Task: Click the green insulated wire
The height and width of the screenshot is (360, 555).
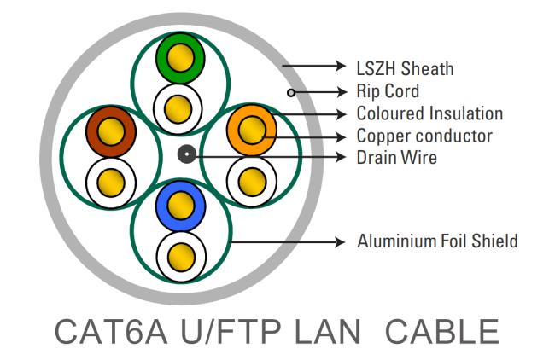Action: point(180,58)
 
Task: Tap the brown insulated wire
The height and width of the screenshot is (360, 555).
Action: point(111,132)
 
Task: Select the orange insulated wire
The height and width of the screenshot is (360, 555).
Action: point(252,131)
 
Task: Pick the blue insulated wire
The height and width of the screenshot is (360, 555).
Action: point(180,206)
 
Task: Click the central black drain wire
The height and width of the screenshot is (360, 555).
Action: point(186,154)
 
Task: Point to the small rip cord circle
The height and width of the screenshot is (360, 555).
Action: point(291,93)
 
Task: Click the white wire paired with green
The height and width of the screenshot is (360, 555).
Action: point(178,109)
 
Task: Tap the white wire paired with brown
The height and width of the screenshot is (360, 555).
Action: point(111,183)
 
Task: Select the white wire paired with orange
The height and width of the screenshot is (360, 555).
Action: point(252,182)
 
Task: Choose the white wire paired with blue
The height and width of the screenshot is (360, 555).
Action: point(181,257)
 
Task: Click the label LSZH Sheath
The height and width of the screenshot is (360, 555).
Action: point(405,68)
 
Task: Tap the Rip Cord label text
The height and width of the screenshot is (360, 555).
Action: point(388,91)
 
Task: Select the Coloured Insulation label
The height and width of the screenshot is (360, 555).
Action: point(429,113)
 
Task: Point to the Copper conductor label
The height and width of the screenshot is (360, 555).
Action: point(424,136)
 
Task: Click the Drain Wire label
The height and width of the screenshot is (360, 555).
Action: point(397,157)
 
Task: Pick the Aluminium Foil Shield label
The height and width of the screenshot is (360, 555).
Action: point(437,241)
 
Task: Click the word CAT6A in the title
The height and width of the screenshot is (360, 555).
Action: point(111,332)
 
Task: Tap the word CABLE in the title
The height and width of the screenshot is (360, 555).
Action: point(442,332)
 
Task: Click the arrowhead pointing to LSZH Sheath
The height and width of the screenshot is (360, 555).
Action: point(341,66)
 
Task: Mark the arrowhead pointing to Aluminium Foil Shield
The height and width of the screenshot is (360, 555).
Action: point(340,242)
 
